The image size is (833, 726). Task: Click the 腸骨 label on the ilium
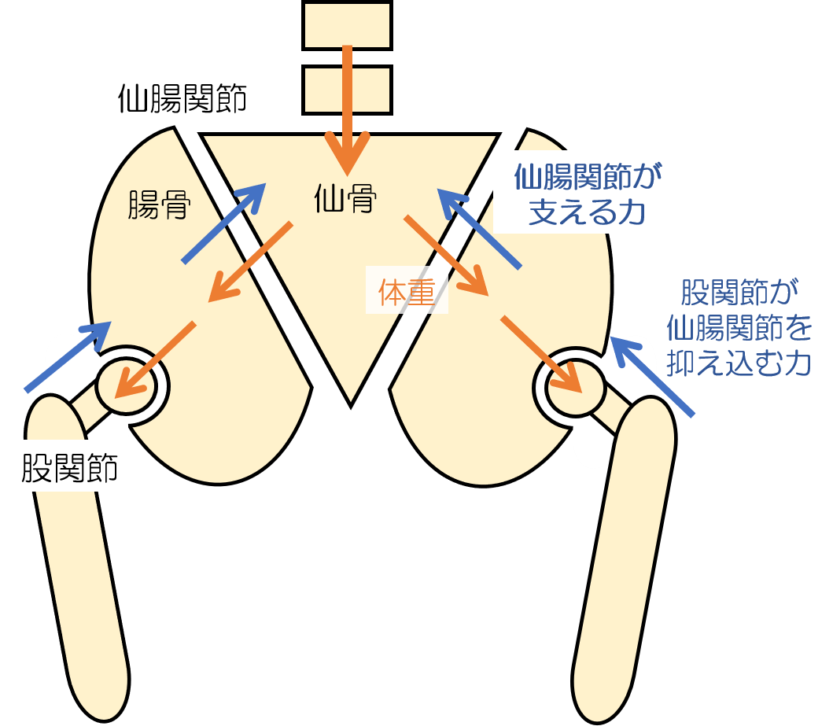click(x=158, y=205)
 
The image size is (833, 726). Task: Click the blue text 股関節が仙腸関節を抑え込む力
click(x=739, y=329)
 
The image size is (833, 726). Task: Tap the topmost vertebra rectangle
click(x=347, y=24)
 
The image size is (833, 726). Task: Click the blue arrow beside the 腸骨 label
click(x=223, y=223)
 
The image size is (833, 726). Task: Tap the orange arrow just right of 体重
click(x=446, y=255)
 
